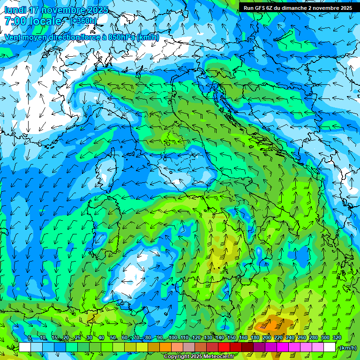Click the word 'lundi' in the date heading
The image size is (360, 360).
15,10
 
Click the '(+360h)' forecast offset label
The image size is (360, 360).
83,21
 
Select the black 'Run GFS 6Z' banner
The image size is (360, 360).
299,7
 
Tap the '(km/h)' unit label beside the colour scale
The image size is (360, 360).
347,347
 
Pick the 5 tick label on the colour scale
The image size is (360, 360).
30,338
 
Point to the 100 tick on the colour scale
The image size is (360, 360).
172,338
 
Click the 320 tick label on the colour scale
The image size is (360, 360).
337,338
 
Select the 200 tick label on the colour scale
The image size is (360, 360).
267,338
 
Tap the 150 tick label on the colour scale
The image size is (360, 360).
231,338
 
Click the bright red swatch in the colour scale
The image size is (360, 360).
224,347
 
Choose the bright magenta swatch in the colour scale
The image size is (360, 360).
283,347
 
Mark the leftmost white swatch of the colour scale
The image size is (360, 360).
25,347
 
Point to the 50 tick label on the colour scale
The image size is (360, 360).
113,338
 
